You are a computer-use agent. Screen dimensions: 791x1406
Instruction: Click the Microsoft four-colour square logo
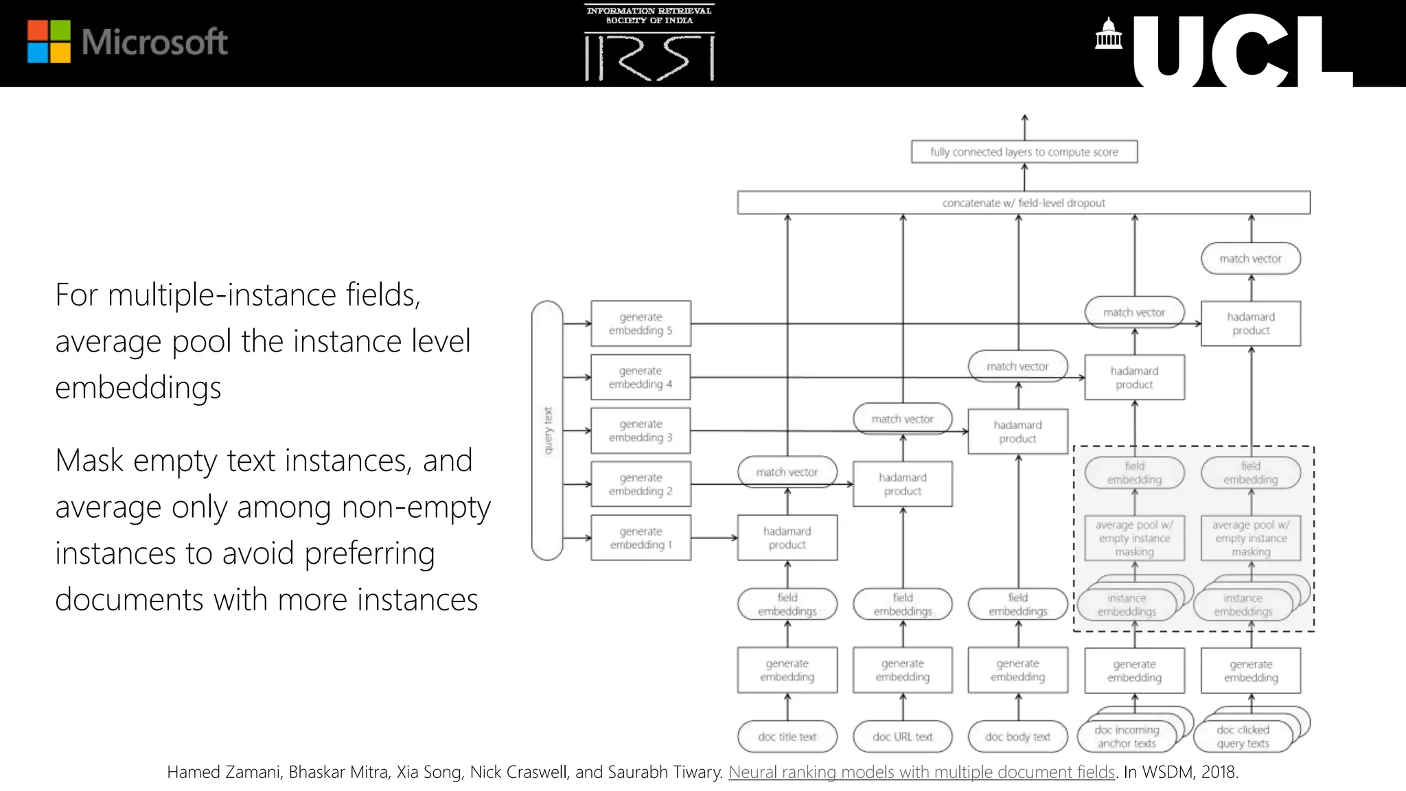(49, 41)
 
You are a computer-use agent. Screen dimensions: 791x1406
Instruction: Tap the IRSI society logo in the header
(649, 43)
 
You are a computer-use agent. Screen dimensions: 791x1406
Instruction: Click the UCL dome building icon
(1108, 34)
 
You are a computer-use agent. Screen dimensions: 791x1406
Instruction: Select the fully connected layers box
(1024, 152)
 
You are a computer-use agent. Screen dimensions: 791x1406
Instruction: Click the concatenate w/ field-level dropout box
(1023, 203)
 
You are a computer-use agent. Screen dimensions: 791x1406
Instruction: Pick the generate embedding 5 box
(641, 323)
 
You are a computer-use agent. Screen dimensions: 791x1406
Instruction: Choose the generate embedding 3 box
(641, 431)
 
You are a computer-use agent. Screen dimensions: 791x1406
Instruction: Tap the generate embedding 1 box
(641, 538)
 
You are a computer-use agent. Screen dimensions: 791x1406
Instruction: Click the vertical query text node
(547, 431)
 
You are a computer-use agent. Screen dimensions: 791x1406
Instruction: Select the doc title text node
(787, 737)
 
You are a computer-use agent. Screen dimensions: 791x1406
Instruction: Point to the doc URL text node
(902, 737)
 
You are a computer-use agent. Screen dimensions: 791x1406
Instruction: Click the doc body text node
(1017, 737)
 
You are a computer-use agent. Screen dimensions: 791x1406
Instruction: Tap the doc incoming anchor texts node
(1127, 737)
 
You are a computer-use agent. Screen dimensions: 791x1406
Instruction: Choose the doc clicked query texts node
(1243, 737)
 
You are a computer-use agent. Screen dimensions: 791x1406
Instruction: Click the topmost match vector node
(1250, 259)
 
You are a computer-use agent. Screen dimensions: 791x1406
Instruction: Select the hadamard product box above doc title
(787, 538)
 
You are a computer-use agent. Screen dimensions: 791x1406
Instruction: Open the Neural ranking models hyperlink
(921, 772)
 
